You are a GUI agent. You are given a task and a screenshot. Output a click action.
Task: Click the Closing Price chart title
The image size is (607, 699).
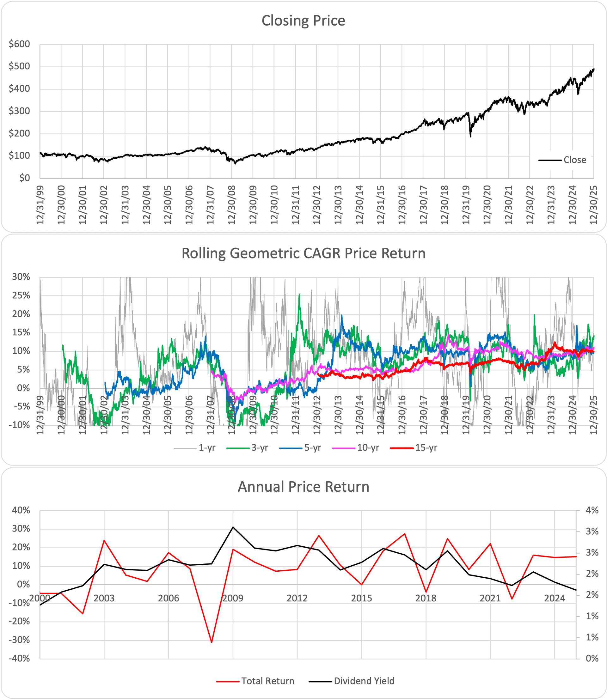pos(303,21)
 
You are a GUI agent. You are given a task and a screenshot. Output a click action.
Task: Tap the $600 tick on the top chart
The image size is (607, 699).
pos(19,44)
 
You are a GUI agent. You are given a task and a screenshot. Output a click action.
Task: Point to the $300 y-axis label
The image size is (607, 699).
pos(19,111)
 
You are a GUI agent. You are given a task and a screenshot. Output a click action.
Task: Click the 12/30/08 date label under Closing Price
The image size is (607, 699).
pos(232,204)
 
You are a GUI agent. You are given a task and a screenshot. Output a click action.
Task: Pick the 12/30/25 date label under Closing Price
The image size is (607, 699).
pos(593,204)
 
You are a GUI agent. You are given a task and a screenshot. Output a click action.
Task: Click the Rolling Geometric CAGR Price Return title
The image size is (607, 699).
pos(303,253)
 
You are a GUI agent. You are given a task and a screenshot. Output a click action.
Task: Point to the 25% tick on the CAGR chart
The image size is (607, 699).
pos(21,295)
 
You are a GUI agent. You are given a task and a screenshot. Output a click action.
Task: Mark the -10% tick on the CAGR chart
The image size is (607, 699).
pos(21,425)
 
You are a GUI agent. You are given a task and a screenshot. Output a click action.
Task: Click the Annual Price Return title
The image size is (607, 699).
pos(303,487)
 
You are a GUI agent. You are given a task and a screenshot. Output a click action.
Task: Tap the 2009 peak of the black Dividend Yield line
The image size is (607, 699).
pos(233,527)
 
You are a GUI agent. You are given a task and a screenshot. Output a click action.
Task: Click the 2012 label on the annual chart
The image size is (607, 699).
pos(297,598)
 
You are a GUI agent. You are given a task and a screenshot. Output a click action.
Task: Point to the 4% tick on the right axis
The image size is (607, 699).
pos(592,510)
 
